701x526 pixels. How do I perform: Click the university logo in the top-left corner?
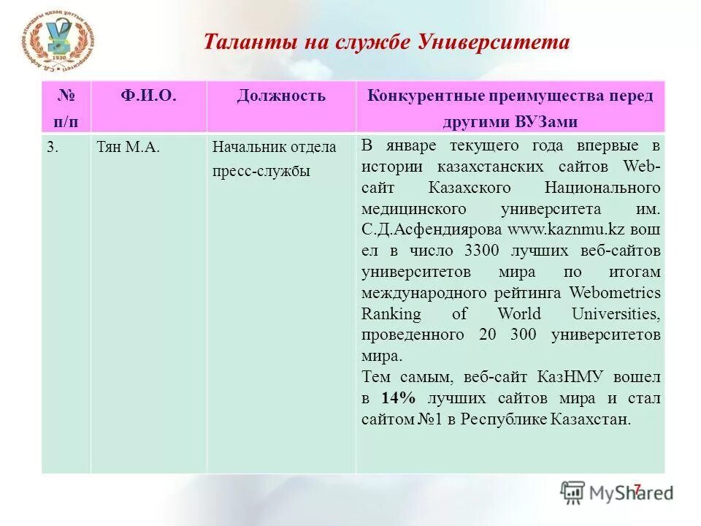point(58,44)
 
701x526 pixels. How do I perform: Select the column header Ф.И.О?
point(148,96)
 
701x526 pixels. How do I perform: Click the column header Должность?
point(281,96)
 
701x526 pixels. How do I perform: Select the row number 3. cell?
point(53,147)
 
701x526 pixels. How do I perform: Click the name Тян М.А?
point(128,147)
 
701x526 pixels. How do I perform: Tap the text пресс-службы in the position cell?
point(261,172)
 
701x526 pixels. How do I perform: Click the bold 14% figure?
point(398,399)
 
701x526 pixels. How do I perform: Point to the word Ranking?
point(391,314)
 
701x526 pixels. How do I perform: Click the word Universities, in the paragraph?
point(615,314)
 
